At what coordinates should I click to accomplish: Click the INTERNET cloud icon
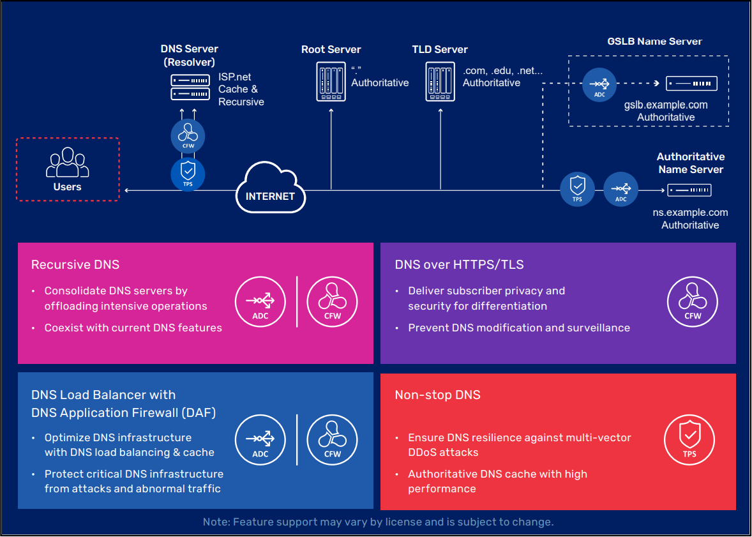pos(271,189)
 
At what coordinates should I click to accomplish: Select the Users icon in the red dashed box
pos(67,163)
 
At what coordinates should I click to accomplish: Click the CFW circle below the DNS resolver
pos(188,135)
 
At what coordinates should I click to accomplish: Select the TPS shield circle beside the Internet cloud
pos(188,173)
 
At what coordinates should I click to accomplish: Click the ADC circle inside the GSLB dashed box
pos(599,84)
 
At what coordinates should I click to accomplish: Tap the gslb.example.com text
pos(666,105)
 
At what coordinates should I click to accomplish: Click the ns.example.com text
pos(690,213)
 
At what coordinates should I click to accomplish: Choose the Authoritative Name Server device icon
pos(689,190)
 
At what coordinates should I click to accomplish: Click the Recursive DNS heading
pos(75,264)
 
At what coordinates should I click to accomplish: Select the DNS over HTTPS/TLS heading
pos(459,264)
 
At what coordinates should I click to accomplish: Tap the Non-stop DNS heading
pos(437,395)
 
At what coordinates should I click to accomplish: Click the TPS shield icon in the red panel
pos(689,440)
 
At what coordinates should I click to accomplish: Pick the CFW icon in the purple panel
pos(693,302)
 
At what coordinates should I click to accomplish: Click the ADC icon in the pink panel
pos(260,302)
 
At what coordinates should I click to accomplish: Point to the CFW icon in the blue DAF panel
pos(333,440)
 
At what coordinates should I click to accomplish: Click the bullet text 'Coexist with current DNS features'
pos(133,328)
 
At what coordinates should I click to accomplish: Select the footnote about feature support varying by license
pos(378,522)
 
